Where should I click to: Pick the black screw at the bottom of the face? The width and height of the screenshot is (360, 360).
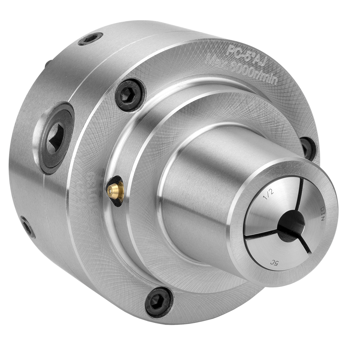[159, 301]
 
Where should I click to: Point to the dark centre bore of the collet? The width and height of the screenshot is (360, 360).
[291, 226]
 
